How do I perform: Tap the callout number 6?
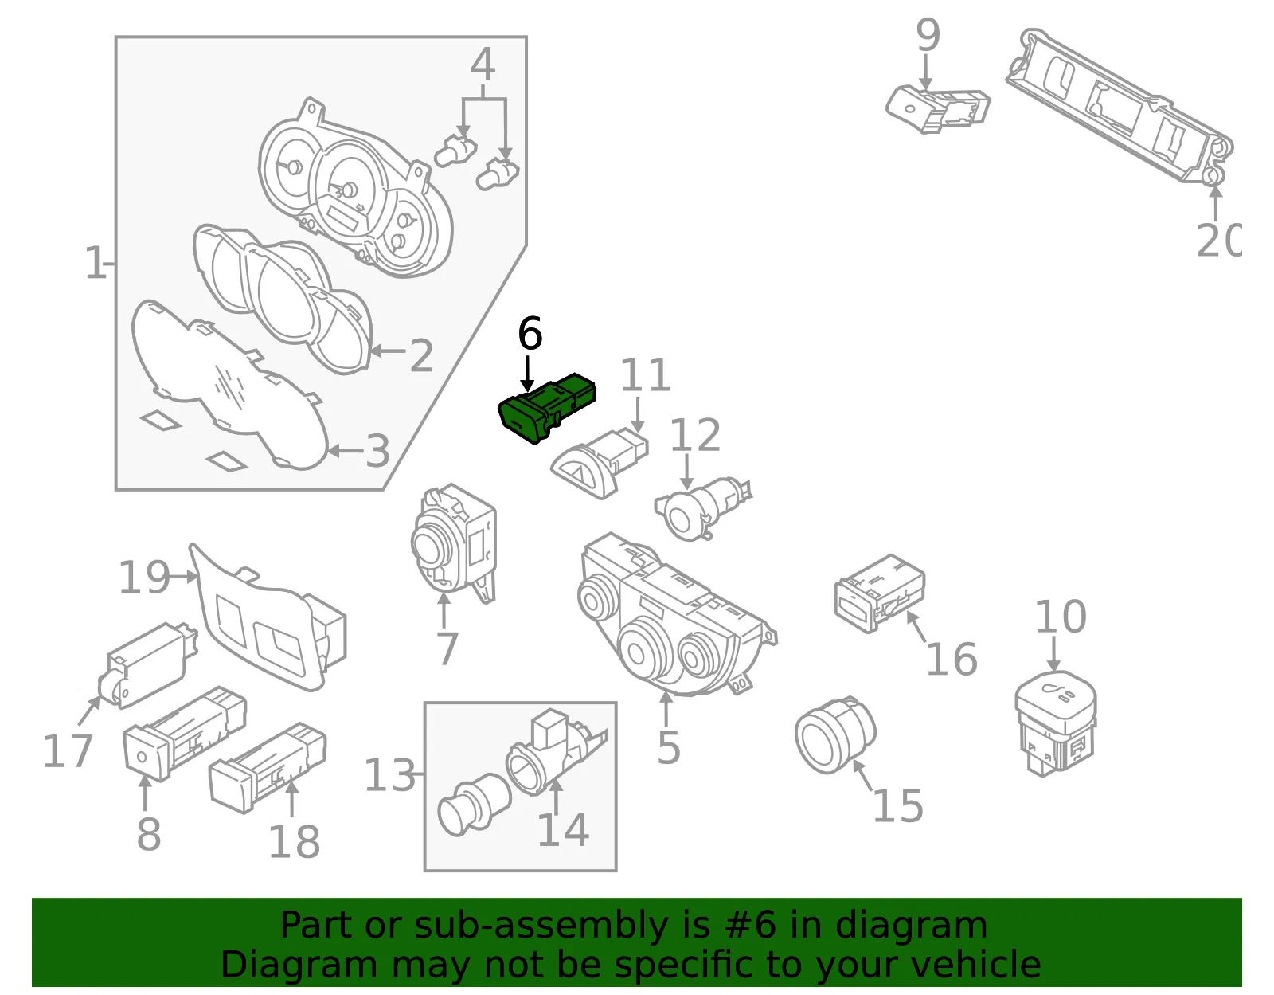coord(530,334)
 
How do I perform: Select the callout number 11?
coord(645,375)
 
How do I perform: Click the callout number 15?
coord(898,805)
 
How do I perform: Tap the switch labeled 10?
coord(1055,723)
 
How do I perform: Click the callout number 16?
coord(952,659)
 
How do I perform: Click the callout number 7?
coord(447,648)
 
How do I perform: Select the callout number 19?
coord(144,577)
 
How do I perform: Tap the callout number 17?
coord(68,750)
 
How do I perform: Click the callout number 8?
coord(149,834)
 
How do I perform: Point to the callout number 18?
coord(294,841)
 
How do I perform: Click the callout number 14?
coord(563,829)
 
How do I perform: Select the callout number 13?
coord(390,774)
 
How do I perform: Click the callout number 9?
coord(928,34)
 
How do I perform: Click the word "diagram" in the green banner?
coord(911,925)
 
